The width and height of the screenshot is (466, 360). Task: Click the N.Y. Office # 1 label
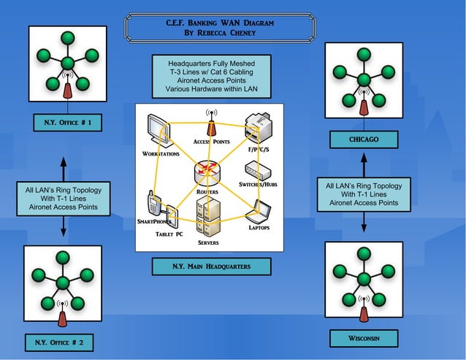tap(62, 123)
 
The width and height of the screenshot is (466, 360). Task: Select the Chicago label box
tap(364, 139)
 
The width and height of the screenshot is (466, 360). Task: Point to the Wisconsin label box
tap(364, 338)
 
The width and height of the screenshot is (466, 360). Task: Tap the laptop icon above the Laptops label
tap(259, 212)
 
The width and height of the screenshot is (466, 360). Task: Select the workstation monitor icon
tap(158, 132)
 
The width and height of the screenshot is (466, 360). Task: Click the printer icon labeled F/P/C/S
tap(259, 128)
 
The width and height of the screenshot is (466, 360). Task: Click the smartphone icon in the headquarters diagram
tap(154, 204)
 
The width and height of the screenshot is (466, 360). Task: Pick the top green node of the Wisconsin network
tap(364, 253)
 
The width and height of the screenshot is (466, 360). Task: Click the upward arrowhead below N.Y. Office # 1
tap(64, 162)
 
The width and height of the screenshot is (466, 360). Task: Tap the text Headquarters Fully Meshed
tap(211, 64)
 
